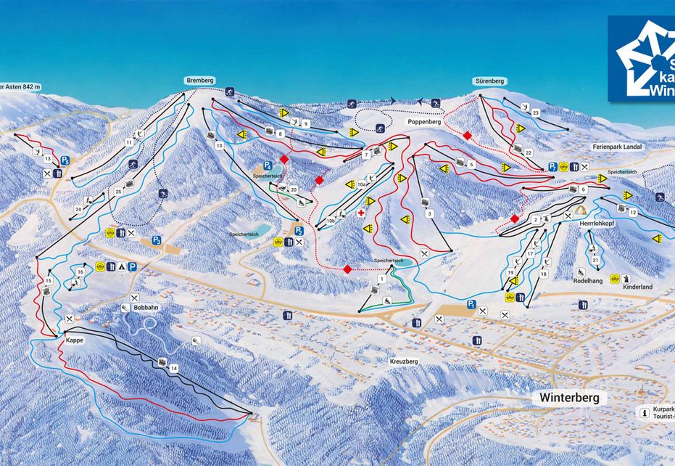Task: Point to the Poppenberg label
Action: coord(425,123)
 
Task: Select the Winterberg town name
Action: coord(569,398)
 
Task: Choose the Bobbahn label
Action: coord(145,308)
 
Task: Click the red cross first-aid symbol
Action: coord(360,213)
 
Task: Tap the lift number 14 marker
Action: coord(173,369)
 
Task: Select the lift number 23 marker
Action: coord(536,113)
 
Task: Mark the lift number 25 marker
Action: coord(117,192)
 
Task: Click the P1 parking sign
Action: coord(471,304)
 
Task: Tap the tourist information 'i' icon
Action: coord(644,412)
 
